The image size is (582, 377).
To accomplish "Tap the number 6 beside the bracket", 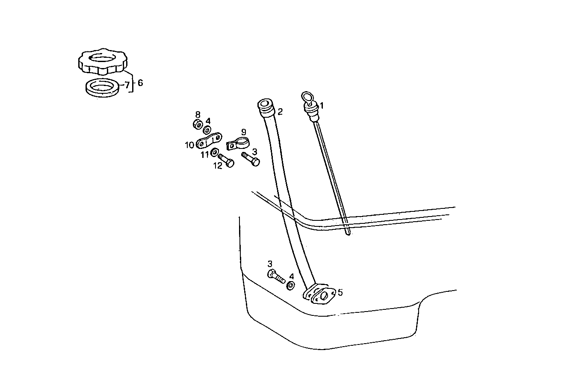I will [x=140, y=83].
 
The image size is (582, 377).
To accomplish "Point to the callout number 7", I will [x=127, y=85].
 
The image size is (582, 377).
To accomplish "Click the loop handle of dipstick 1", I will [x=307, y=97].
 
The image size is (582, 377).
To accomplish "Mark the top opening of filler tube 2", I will [x=264, y=104].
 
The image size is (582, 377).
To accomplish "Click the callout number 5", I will [x=340, y=293].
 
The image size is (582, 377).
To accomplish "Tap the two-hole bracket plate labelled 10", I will [x=209, y=140].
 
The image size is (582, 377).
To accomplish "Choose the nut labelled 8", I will [x=198, y=125].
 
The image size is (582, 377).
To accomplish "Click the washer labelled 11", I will [x=215, y=152].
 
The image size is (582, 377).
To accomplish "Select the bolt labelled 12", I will [x=226, y=161].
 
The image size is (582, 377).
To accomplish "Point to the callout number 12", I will [x=218, y=166].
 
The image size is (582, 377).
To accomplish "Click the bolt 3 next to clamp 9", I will [x=251, y=159].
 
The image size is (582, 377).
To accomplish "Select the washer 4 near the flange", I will [x=290, y=286].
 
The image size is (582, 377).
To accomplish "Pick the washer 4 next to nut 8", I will [x=207, y=129].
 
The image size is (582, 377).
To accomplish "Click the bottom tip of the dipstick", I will [x=348, y=233].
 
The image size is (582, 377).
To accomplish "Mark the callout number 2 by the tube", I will [x=280, y=112].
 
